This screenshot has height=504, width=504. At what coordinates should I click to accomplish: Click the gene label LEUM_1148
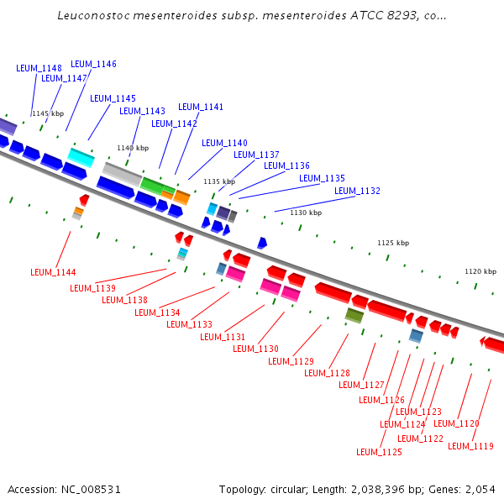39,68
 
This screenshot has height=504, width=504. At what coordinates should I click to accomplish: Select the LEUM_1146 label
93,64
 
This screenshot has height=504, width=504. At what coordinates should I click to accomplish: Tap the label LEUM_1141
201,107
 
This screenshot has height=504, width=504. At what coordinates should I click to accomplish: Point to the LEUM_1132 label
357,191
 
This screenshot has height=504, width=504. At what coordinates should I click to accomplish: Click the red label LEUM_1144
53,272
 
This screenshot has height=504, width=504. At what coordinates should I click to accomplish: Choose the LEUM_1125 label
379,452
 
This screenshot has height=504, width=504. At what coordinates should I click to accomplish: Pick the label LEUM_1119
470,446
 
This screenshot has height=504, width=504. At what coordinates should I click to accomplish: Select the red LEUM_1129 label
291,361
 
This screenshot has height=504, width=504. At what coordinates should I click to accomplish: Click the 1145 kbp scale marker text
48,113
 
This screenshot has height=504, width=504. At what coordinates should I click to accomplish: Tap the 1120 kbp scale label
480,271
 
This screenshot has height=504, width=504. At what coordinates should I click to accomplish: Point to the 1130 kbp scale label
306,213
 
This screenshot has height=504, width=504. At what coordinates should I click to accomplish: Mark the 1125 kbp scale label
393,243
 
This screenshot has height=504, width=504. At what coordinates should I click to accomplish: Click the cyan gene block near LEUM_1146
81,156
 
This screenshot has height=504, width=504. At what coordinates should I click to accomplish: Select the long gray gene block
122,175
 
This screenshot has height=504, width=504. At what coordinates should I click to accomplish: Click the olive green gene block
354,315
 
